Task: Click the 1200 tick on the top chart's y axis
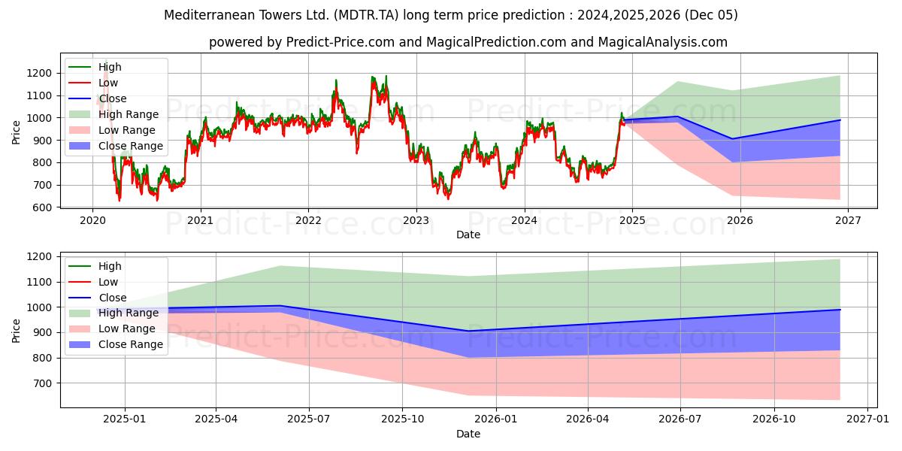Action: [x=41, y=73]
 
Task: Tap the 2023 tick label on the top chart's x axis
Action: [x=416, y=220]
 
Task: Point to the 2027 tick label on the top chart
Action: [x=847, y=220]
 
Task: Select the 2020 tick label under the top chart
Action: [x=92, y=220]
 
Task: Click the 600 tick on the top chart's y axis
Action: [x=44, y=207]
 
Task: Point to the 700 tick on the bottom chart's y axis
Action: [x=44, y=383]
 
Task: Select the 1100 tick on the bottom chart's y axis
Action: [x=41, y=282]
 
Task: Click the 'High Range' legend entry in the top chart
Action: [x=128, y=114]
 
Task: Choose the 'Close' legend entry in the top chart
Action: [x=113, y=98]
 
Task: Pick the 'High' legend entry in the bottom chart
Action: [x=110, y=266]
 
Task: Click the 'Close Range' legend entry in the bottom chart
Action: [x=130, y=344]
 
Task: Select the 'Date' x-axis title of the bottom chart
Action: [x=468, y=434]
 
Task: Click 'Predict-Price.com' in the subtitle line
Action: [x=341, y=42]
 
